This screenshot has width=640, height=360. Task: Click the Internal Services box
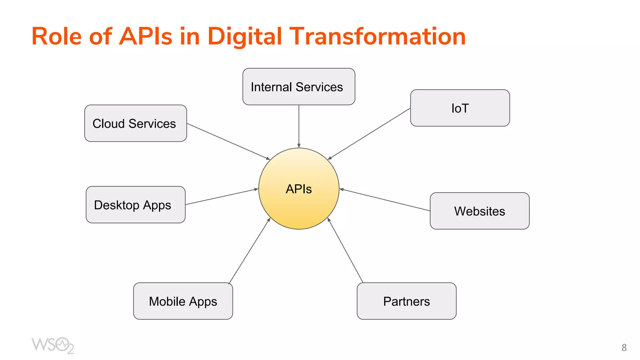(299, 87)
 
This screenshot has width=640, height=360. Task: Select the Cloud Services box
(136, 123)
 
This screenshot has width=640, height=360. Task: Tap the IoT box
(460, 108)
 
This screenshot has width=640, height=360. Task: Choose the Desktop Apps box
(136, 205)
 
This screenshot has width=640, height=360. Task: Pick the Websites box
(480, 211)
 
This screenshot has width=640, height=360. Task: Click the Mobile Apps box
(183, 301)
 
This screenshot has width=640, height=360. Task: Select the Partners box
(407, 301)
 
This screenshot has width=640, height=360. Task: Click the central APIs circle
(299, 189)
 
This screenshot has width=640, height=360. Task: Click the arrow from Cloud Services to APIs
(228, 142)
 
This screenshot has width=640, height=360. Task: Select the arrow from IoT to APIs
(369, 134)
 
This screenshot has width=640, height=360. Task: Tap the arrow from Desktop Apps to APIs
(222, 197)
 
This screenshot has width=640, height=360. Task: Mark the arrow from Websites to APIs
(385, 200)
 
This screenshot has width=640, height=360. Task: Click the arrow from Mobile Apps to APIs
(249, 251)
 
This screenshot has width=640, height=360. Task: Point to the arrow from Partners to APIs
(345, 250)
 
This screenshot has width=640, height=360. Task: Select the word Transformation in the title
(378, 37)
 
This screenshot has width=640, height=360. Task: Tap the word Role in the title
(57, 37)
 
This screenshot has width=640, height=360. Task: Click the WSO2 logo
(52, 345)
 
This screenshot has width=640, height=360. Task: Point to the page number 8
(624, 347)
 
